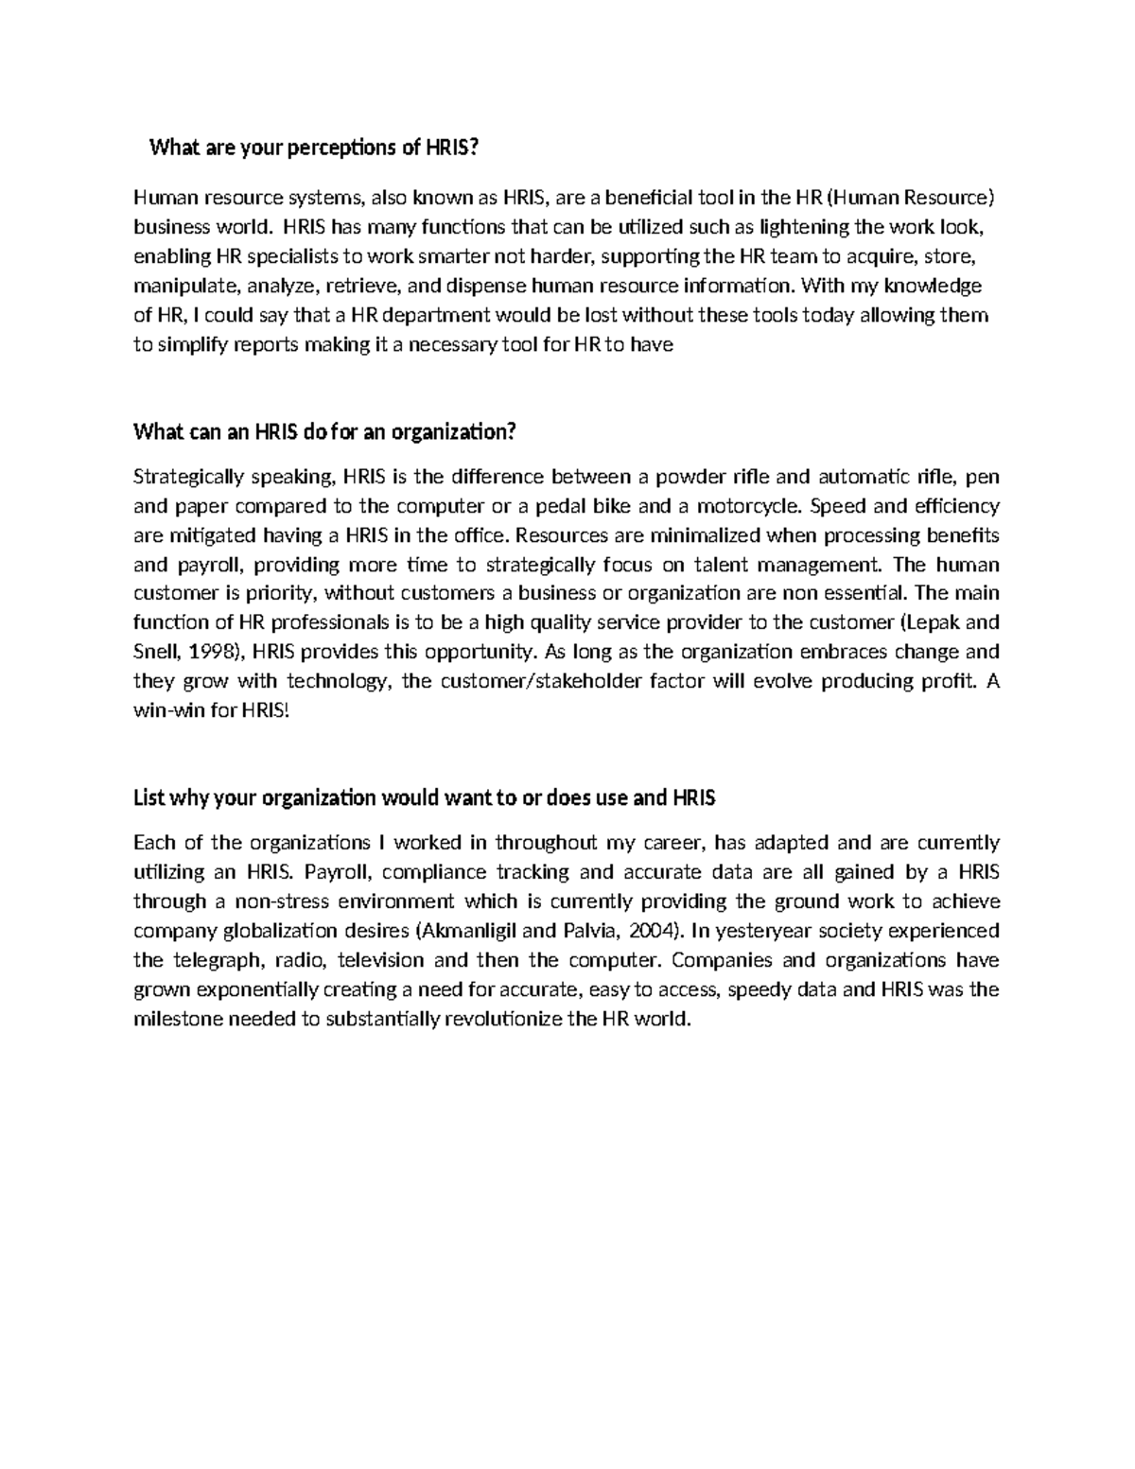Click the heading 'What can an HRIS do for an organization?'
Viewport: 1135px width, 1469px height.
[x=325, y=432]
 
